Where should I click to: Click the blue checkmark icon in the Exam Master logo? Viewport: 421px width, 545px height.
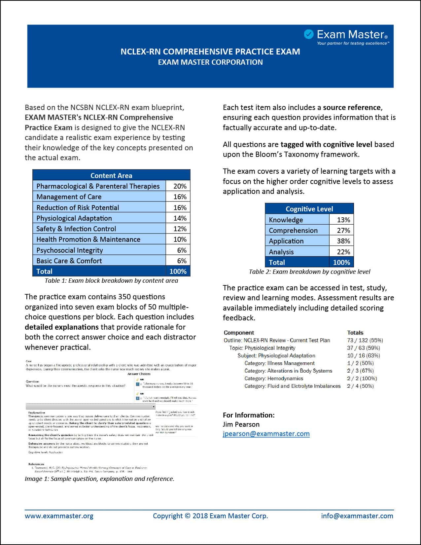coord(308,34)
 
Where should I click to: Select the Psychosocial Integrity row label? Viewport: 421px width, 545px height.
coord(70,250)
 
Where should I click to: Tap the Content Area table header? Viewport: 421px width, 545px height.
coord(111,175)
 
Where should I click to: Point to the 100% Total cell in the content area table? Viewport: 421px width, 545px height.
coord(178,272)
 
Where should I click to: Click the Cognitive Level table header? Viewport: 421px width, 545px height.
coord(309,209)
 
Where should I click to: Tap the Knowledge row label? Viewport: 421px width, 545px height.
coord(286,220)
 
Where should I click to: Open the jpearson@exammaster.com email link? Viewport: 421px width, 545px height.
coord(266,434)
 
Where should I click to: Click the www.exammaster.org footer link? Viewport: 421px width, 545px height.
coord(59,516)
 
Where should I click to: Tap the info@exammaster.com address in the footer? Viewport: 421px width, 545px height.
coord(357,516)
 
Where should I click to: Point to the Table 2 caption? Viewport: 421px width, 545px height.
coord(309,272)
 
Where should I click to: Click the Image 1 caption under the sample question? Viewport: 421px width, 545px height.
coord(99,479)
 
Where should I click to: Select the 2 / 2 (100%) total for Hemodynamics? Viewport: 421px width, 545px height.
coord(362,379)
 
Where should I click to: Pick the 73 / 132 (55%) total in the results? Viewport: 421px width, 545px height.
coord(365,341)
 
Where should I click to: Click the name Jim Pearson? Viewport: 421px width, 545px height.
coord(241,424)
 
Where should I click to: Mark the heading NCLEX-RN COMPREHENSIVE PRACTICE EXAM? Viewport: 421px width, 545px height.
coord(210,52)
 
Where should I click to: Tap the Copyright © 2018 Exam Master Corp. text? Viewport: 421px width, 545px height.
coord(210,516)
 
